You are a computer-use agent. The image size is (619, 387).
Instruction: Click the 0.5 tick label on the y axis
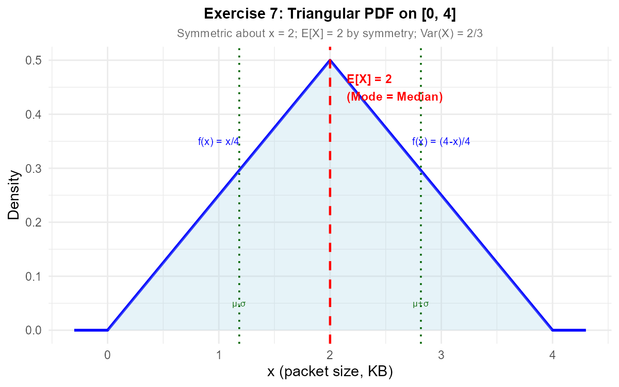[x=34, y=60]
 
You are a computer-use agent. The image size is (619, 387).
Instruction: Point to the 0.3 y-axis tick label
[x=34, y=168]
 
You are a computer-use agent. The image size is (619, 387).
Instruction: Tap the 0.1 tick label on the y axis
[x=34, y=276]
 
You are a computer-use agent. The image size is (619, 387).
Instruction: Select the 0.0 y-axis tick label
[x=34, y=330]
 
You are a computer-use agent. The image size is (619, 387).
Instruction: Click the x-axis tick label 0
[x=107, y=356]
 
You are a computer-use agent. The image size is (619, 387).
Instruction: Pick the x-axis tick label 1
[x=219, y=356]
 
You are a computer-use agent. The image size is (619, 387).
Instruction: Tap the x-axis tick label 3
[x=441, y=356]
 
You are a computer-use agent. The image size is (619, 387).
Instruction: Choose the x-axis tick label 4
[x=552, y=356]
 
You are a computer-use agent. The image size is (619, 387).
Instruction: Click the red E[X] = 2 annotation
[x=369, y=79]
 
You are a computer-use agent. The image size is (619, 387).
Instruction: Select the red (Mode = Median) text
[x=395, y=97]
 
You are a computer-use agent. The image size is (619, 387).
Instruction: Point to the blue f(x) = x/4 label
[x=219, y=142]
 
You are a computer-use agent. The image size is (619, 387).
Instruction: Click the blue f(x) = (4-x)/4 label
[x=441, y=142]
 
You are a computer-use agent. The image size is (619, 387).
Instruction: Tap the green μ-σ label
[x=239, y=304]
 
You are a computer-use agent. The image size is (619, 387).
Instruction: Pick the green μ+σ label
[x=421, y=304]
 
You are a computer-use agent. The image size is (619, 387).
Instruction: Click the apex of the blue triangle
[x=330, y=60]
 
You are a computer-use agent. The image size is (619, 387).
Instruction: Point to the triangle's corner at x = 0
[x=107, y=330]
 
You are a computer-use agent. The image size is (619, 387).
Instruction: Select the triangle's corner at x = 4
[x=552, y=330]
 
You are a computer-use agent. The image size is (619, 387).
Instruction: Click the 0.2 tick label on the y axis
[x=34, y=222]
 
